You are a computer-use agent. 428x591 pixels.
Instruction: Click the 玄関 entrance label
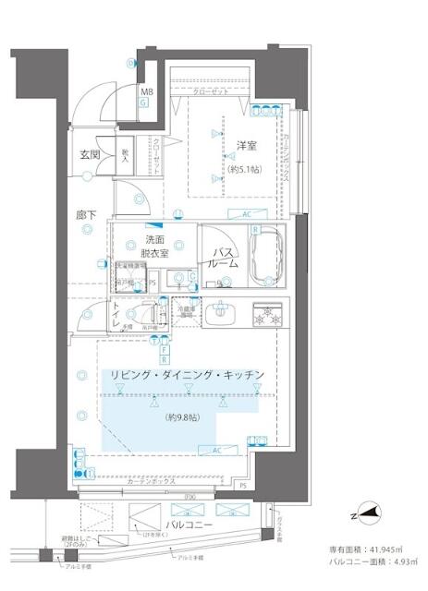[x=89, y=155]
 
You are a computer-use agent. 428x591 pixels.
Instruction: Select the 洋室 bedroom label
[x=245, y=145]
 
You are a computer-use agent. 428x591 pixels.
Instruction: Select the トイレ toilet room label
[x=118, y=315]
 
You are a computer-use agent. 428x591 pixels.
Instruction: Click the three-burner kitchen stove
[x=270, y=315]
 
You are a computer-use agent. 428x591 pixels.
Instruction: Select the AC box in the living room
[x=218, y=451]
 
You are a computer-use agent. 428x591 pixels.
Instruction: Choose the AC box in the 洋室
[x=247, y=213]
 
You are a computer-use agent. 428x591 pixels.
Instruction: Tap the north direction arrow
[x=368, y=512]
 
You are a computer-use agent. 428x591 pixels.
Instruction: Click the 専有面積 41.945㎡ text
[x=372, y=546]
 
